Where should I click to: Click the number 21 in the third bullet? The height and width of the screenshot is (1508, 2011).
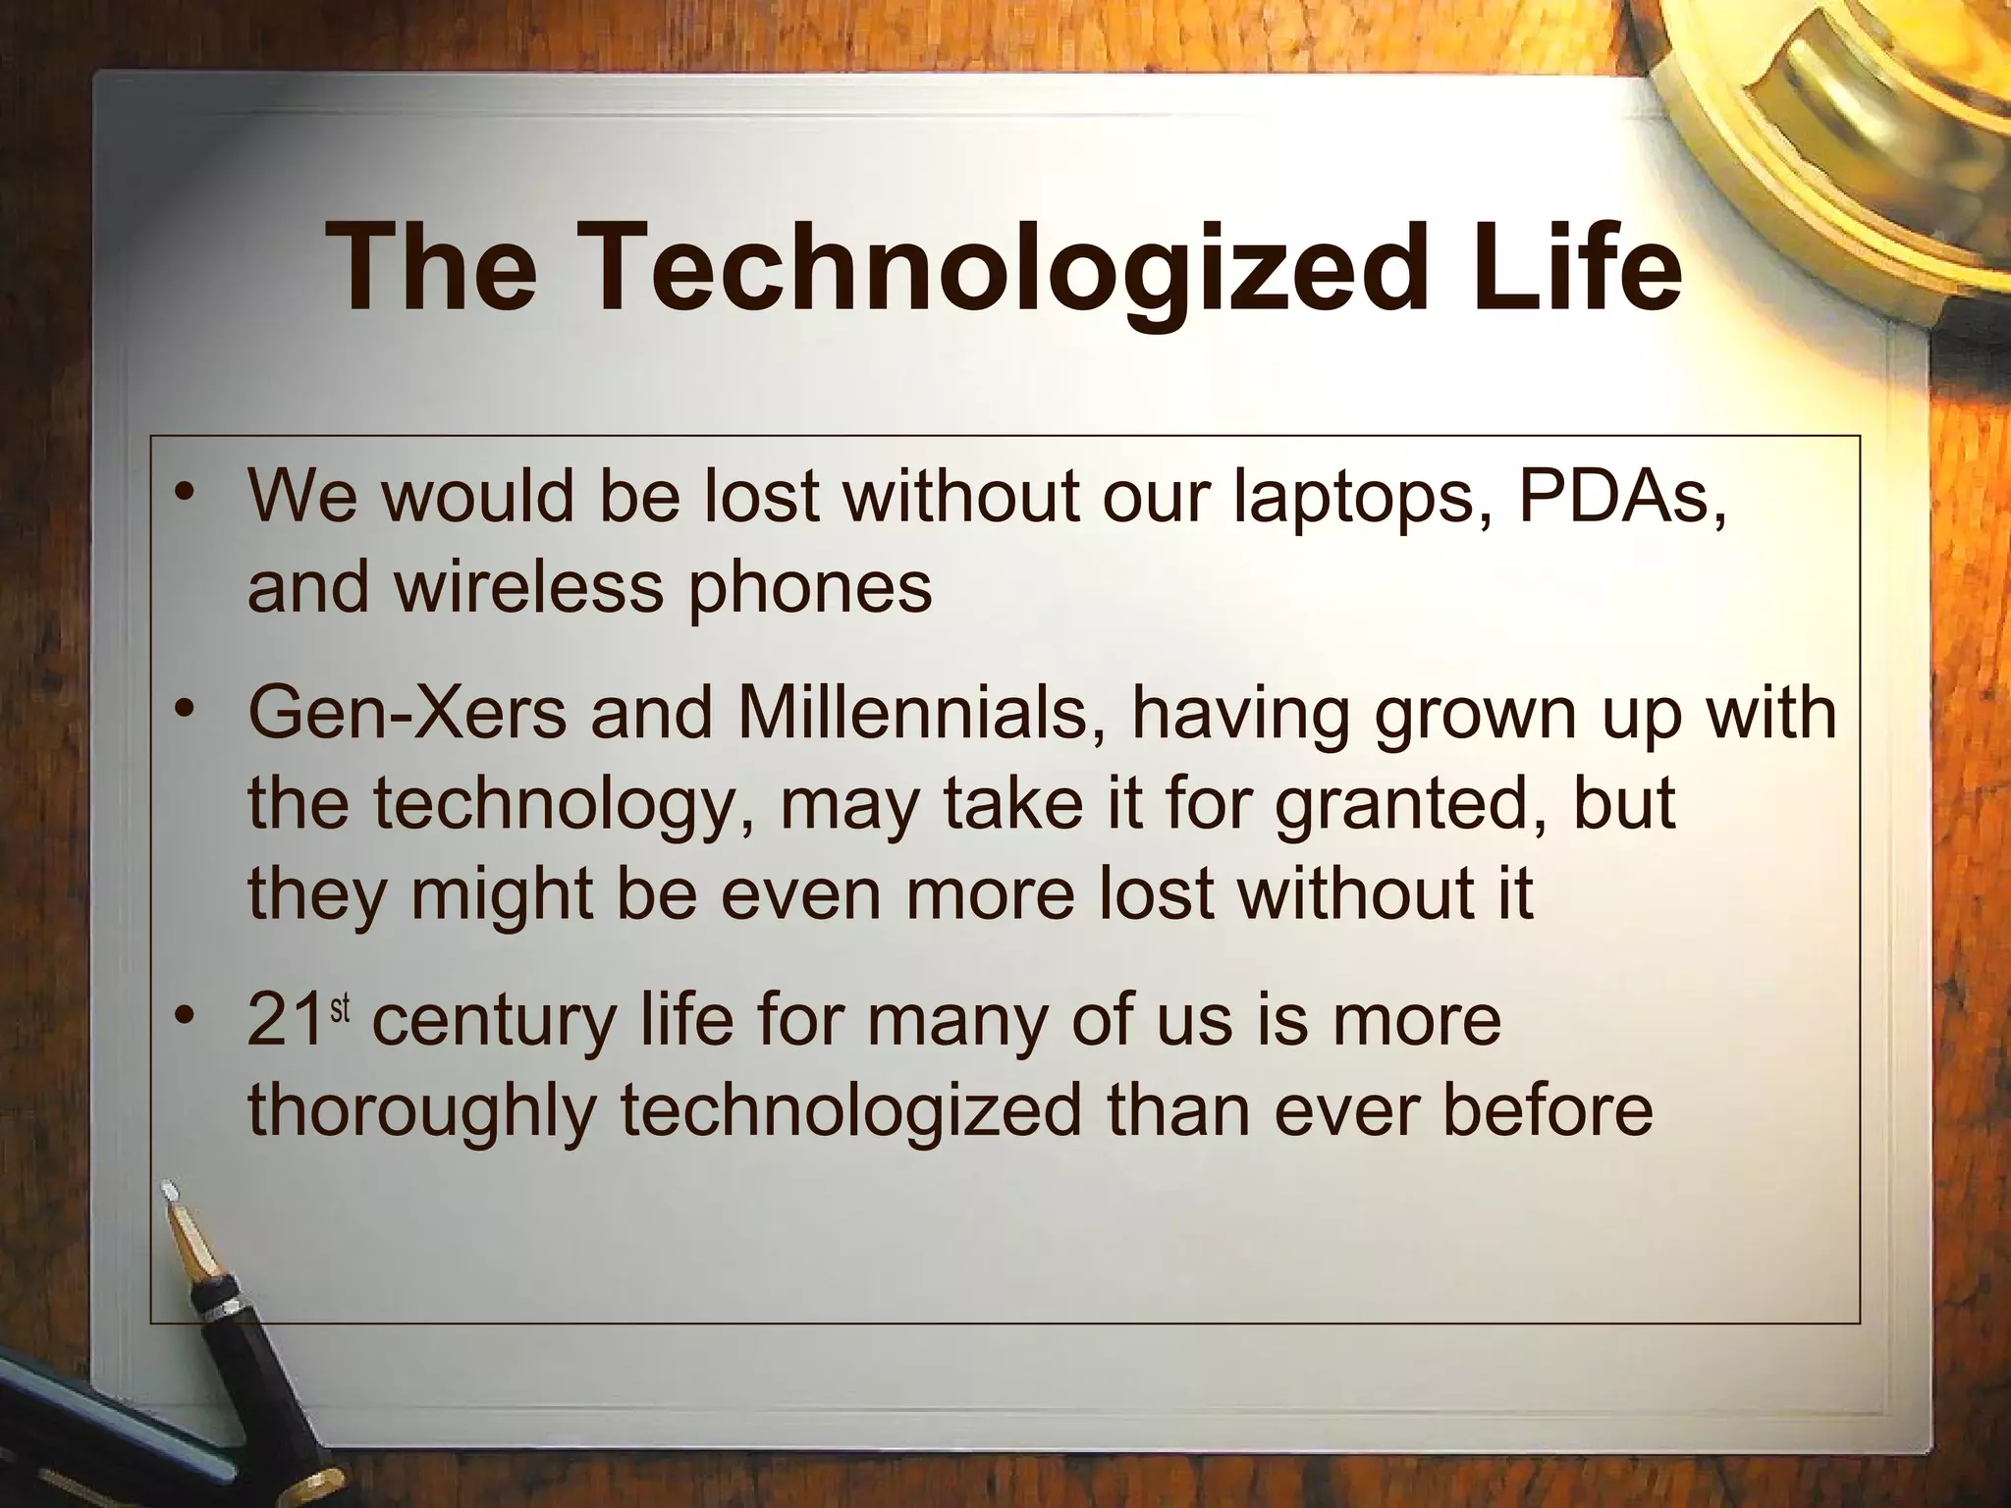click(x=286, y=1021)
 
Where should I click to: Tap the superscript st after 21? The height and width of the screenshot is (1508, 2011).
click(x=340, y=1008)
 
